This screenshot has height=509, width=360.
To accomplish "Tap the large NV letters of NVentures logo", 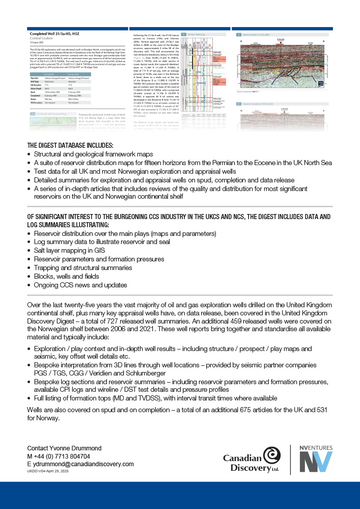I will (x=315, y=461).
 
